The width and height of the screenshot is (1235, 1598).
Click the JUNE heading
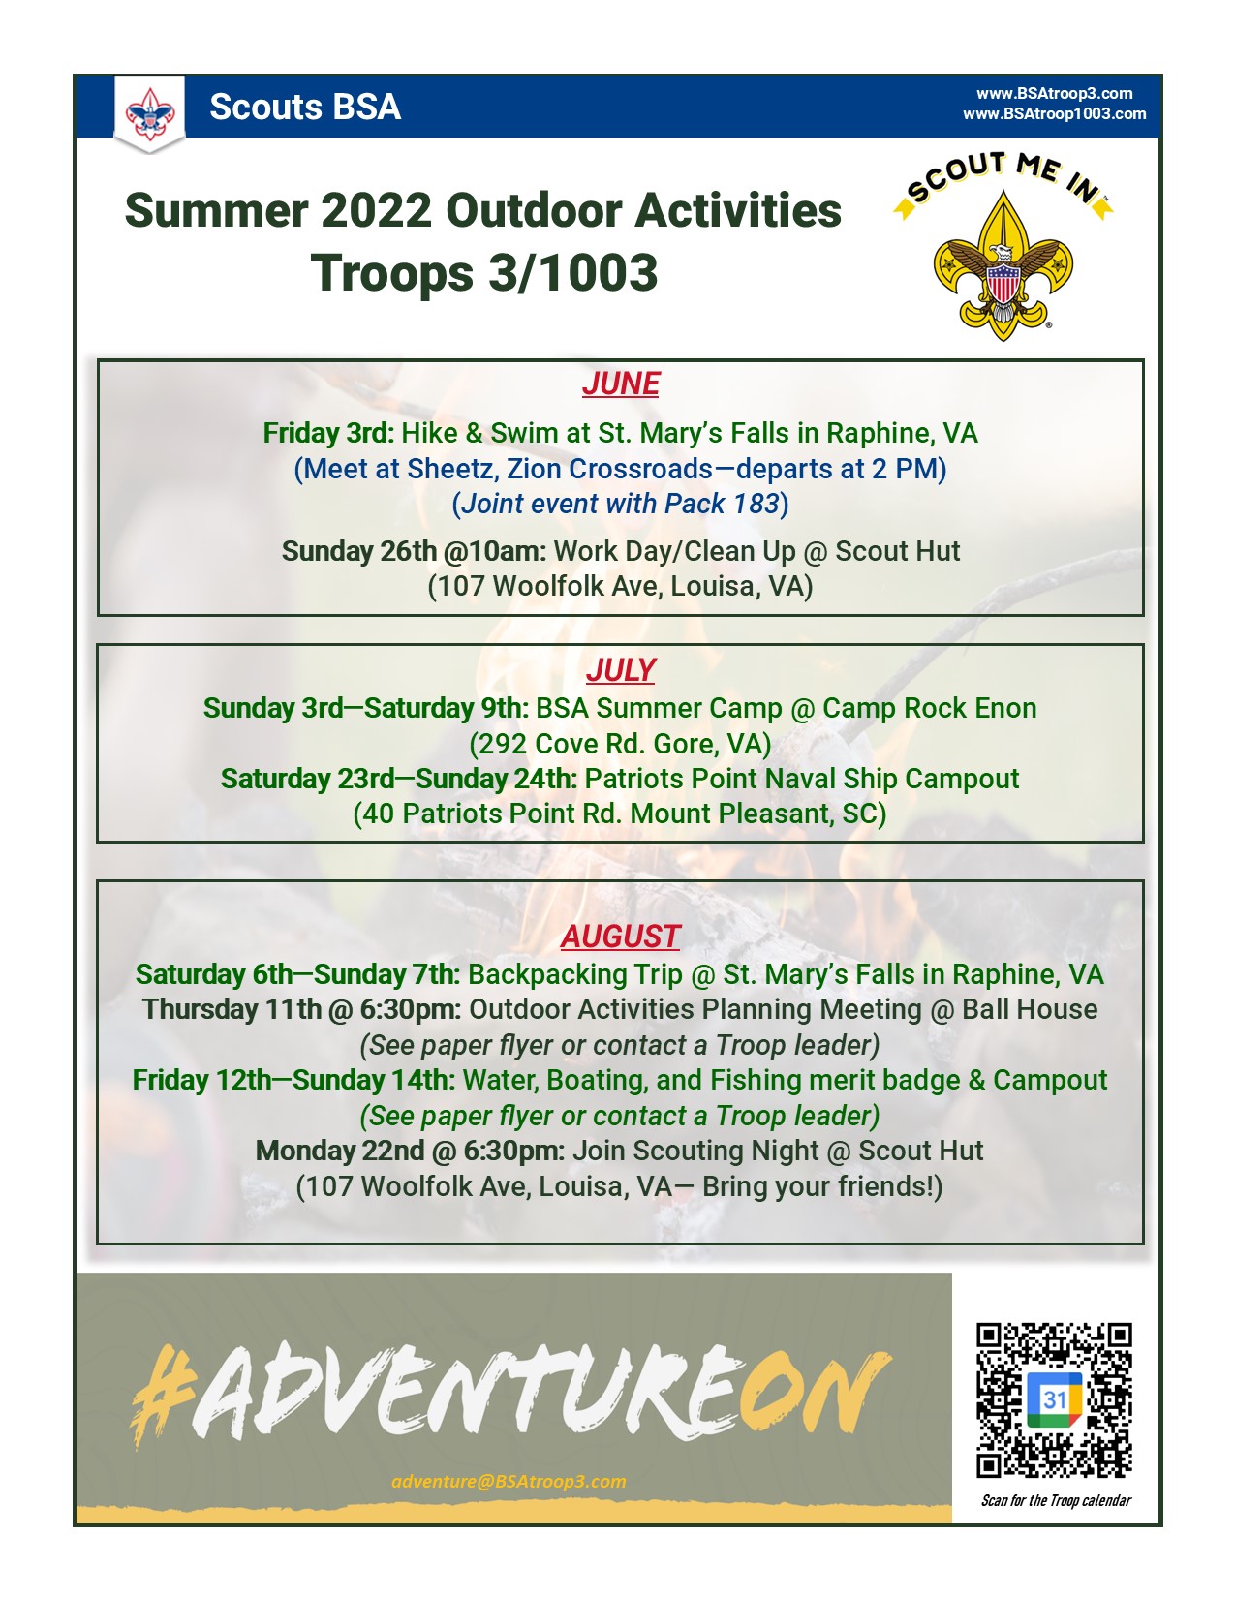coord(621,384)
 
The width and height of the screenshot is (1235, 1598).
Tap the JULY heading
coord(621,670)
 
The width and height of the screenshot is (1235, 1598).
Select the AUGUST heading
coord(620,937)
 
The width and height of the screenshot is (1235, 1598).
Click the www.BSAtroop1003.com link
coord(1054,114)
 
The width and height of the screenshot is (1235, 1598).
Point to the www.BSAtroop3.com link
coord(1054,93)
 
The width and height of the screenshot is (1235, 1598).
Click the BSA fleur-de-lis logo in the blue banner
coord(150,114)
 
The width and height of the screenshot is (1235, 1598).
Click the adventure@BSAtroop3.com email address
coord(509,1481)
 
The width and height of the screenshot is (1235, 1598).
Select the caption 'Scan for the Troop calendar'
coord(1056,1500)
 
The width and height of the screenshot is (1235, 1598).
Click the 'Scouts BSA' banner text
coord(305,107)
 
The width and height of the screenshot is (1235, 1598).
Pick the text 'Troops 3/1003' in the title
coord(484,273)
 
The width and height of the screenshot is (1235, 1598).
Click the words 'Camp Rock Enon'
coord(929,708)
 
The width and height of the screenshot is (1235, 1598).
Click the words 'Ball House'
coord(1030,1010)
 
